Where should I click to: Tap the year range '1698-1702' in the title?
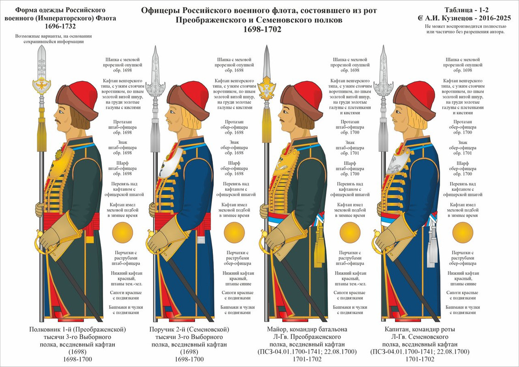tap(259, 29)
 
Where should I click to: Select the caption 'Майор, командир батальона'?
tap(307, 329)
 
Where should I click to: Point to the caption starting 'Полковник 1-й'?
tap(77, 329)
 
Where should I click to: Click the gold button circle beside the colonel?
tap(122, 232)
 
